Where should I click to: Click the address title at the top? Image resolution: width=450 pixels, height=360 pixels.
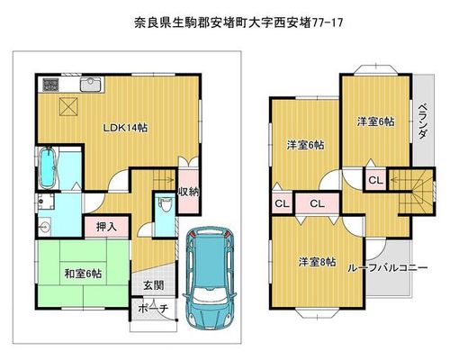click(x=238, y=22)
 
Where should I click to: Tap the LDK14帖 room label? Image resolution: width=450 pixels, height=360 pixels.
click(x=125, y=128)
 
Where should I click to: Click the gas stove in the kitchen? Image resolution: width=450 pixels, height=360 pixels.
click(x=50, y=84)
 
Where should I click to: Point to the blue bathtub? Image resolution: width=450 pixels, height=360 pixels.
click(x=48, y=167)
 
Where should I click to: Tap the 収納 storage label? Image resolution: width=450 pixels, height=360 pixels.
click(x=189, y=192)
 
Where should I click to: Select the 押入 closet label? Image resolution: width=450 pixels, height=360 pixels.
click(x=106, y=227)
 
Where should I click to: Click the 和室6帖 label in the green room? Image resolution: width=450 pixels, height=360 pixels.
click(x=83, y=274)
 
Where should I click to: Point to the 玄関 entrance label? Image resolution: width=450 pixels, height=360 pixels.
click(x=153, y=285)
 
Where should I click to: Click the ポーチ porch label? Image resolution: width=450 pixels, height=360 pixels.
click(x=153, y=309)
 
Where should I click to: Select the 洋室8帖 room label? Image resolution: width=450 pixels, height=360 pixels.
click(x=317, y=262)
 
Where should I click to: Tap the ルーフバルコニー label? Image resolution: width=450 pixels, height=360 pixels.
click(x=388, y=267)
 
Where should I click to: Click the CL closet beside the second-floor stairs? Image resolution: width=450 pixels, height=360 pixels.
click(x=375, y=181)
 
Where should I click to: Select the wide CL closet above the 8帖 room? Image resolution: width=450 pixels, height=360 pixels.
click(x=317, y=204)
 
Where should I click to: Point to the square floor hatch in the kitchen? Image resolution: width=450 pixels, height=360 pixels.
click(x=68, y=106)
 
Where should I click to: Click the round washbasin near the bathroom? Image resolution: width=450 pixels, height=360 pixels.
click(x=44, y=227)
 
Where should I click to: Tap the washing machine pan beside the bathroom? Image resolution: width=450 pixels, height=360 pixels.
click(x=46, y=202)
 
